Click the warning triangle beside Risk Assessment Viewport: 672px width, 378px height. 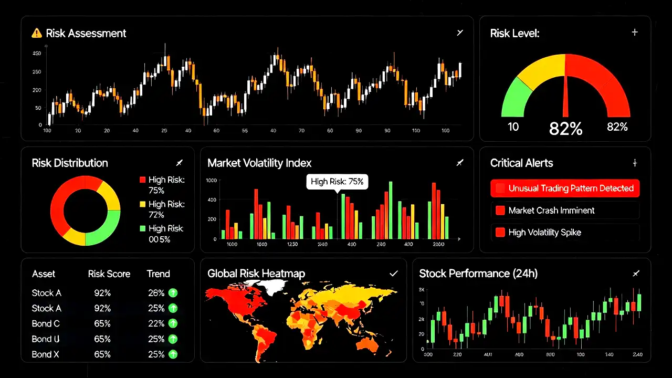click(x=36, y=33)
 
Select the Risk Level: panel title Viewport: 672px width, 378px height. click(x=514, y=33)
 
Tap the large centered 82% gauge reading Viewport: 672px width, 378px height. click(x=565, y=128)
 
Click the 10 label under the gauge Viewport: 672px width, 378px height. click(x=513, y=127)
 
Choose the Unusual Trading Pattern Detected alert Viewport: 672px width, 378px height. click(x=565, y=188)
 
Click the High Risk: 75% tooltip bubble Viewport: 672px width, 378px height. click(x=337, y=182)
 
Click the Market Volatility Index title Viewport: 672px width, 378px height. click(x=259, y=163)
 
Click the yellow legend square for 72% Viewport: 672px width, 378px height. click(x=142, y=204)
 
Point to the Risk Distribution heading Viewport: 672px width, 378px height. click(x=70, y=163)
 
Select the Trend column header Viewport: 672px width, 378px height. click(x=158, y=274)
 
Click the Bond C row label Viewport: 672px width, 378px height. click(x=46, y=323)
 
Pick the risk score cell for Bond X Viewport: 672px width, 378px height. click(x=102, y=354)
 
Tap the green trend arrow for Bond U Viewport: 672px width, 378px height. click(x=173, y=339)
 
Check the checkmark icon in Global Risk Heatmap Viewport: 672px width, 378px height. click(x=393, y=274)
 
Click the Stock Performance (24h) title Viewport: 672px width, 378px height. click(x=478, y=273)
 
